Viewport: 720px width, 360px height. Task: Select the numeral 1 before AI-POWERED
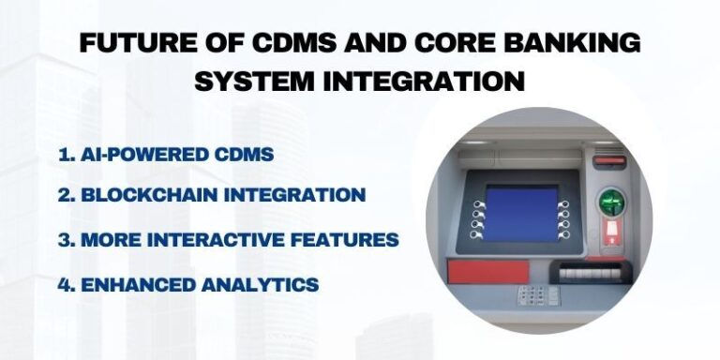click(62, 155)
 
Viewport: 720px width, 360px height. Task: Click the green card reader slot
click(612, 202)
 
